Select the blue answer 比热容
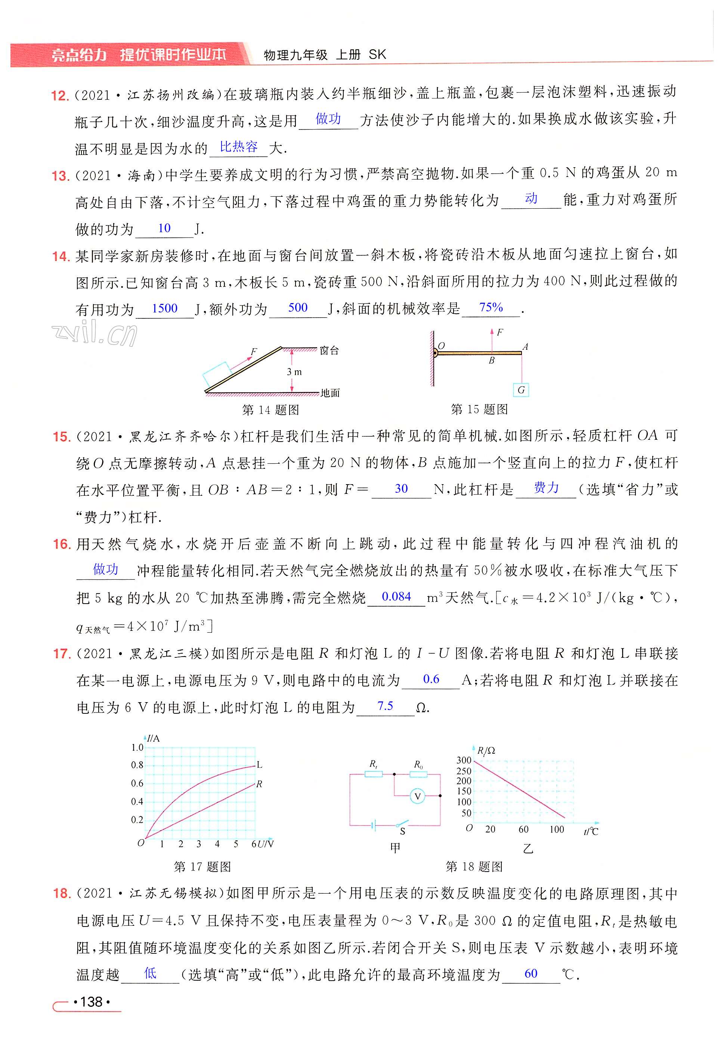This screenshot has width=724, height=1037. click(239, 147)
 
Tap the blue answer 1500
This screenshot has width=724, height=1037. click(164, 308)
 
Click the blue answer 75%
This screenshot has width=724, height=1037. click(491, 308)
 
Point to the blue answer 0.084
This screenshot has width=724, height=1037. click(396, 597)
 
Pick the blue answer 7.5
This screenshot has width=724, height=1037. click(385, 706)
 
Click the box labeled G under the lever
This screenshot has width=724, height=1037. click(521, 390)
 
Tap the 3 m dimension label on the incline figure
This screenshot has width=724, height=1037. click(294, 372)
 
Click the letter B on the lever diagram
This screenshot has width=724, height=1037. click(491, 361)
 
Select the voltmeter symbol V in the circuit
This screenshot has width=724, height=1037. click(418, 796)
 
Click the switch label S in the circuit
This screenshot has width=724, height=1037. click(402, 831)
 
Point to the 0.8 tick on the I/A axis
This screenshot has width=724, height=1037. click(137, 764)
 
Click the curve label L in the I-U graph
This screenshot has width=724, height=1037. click(259, 764)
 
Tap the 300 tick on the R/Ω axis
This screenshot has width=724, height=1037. click(464, 760)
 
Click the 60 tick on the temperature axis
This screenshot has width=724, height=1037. click(523, 829)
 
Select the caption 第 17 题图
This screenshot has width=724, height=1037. click(202, 867)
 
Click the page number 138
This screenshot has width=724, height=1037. click(91, 1002)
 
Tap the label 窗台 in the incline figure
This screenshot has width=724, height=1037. click(329, 351)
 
